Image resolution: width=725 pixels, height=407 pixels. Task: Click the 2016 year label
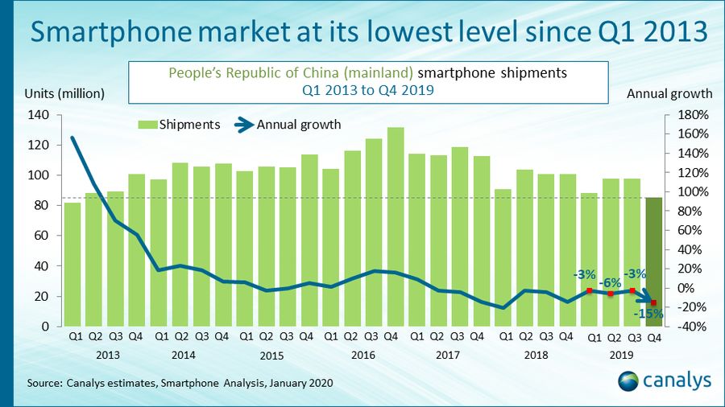363,354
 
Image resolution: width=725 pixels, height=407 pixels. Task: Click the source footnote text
180,383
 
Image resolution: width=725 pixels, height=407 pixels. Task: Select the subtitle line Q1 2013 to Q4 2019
367,90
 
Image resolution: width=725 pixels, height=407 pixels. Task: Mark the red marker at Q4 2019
653,302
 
